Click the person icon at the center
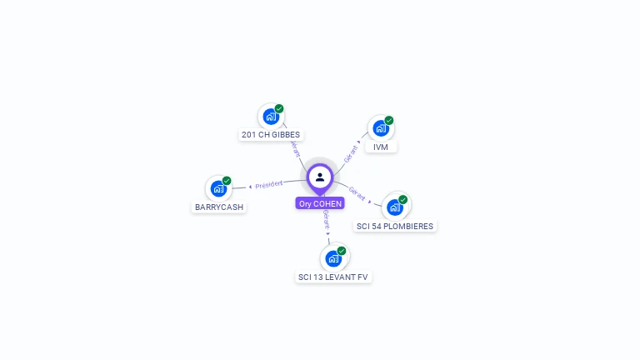[320, 177]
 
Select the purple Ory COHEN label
[320, 203]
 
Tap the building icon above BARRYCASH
[219, 188]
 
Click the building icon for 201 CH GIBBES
[271, 116]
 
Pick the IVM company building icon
[381, 128]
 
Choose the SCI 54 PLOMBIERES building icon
[395, 207]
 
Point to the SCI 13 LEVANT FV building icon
[333, 258]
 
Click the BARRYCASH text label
[220, 207]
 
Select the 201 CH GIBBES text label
[271, 135]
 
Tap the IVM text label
[381, 147]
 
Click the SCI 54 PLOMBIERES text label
[396, 226]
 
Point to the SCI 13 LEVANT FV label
[333, 277]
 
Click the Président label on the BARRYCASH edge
[269, 184]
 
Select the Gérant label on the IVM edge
[350, 152]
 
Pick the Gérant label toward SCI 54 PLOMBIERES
[357, 193]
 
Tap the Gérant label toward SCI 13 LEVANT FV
[326, 220]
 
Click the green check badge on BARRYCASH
[227, 181]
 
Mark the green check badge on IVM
[388, 121]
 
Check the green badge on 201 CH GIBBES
[279, 108]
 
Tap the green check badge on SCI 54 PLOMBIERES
[402, 200]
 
